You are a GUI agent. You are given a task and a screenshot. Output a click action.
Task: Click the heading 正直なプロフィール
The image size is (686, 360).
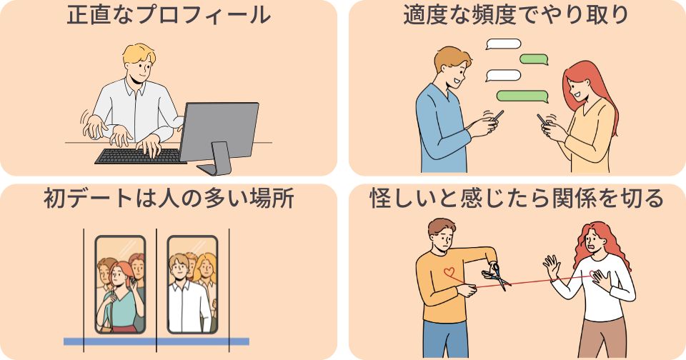[169, 15]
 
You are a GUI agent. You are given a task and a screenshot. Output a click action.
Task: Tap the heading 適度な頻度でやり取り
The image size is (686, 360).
[516, 15]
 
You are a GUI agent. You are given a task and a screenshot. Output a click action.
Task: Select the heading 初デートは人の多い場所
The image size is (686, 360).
[169, 199]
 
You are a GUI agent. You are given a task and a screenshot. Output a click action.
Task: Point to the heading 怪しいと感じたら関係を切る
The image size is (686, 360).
[517, 199]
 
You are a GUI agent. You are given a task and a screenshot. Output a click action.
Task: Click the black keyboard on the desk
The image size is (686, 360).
[140, 156]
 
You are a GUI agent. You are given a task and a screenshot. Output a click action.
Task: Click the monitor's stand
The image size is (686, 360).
[216, 160]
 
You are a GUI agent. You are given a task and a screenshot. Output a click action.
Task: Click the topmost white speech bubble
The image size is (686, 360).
[503, 44]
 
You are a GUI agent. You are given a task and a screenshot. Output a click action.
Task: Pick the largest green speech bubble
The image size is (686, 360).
[522, 96]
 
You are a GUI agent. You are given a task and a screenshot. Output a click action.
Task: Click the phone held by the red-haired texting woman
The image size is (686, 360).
[542, 120]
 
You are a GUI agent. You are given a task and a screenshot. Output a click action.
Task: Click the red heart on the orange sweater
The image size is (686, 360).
[449, 272]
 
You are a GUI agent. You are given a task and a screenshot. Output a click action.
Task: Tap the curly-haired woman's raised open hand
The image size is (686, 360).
[551, 267]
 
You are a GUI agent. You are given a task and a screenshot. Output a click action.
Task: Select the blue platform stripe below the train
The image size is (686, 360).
[156, 341]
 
